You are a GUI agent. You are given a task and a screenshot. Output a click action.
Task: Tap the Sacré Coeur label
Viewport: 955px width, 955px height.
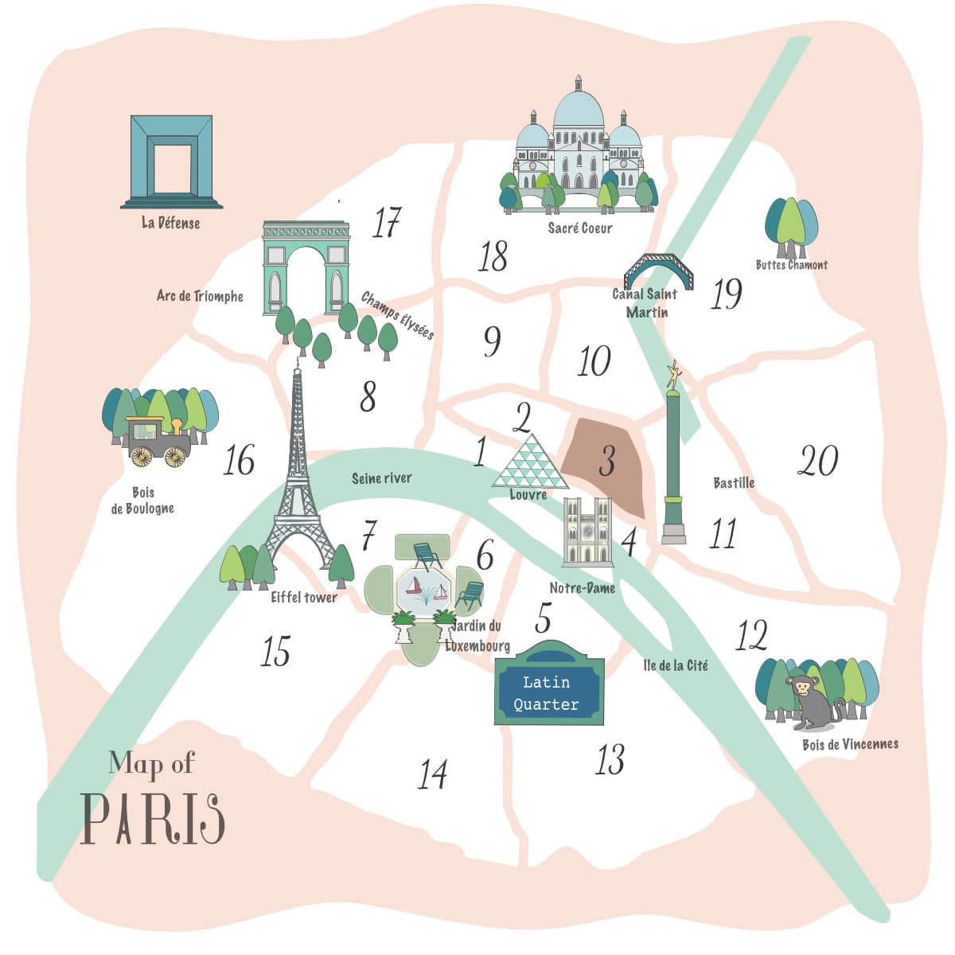[x=580, y=228]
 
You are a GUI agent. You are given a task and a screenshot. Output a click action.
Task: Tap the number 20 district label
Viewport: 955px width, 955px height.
[x=817, y=461]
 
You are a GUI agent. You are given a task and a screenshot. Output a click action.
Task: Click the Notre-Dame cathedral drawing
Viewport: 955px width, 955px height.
[x=587, y=532]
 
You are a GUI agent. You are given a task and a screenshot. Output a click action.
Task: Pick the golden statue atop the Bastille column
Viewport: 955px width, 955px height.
[x=674, y=377]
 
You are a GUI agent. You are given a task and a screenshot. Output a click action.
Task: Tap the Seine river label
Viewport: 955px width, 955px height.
[x=382, y=478]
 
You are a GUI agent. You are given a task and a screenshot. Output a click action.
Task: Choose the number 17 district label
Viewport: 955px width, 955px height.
[x=387, y=223]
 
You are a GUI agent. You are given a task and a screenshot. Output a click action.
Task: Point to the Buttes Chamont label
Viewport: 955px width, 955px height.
[x=791, y=265]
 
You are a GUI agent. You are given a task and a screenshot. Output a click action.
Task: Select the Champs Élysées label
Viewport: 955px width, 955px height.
[x=397, y=315]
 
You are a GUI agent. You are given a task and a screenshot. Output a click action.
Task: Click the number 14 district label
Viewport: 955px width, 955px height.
[x=433, y=774]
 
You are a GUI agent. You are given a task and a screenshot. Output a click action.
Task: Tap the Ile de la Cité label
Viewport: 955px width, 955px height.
[x=675, y=665]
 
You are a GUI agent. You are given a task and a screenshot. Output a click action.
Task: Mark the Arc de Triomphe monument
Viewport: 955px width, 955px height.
[x=306, y=267]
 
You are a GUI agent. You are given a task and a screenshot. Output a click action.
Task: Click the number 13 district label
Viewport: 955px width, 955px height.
[x=610, y=759]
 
